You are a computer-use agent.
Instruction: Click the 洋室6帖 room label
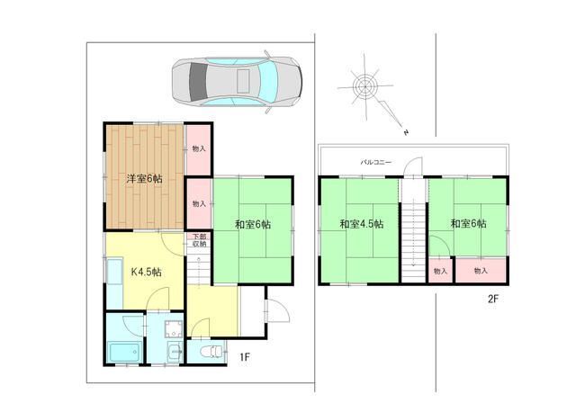tap(144, 179)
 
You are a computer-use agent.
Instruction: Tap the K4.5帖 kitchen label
tap(146, 272)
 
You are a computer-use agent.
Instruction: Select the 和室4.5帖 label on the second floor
tap(362, 224)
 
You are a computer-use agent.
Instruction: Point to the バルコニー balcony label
tap(376, 162)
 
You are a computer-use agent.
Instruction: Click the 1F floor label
tap(245, 356)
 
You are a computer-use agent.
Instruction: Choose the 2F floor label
tap(493, 299)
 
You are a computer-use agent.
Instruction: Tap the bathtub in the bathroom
tap(125, 352)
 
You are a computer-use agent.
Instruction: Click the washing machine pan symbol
tap(174, 328)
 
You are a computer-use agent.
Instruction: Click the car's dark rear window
tap(198, 82)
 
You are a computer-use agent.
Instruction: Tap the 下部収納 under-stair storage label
tap(200, 240)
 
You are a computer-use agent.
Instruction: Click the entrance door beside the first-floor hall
tap(278, 310)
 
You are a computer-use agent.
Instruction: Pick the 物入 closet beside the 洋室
tap(199, 149)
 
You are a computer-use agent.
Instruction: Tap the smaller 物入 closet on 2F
tap(440, 271)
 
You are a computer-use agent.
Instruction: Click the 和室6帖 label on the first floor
tap(253, 224)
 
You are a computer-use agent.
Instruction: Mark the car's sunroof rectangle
tap(244, 81)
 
